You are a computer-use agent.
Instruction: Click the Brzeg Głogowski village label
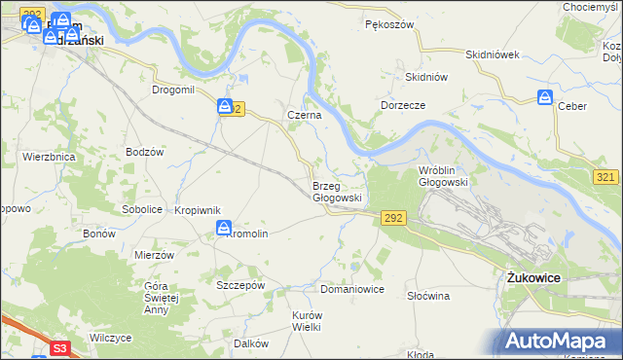point(337,191)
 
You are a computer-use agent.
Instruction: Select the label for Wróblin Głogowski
point(443,175)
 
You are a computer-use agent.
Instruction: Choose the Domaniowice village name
point(352,290)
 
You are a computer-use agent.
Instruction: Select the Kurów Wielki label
point(307,321)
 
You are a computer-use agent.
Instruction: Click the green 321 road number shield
point(605,175)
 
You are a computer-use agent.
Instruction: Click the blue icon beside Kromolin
point(224,229)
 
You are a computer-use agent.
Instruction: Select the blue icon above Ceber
point(545,97)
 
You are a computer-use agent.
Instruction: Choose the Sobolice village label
point(141,209)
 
